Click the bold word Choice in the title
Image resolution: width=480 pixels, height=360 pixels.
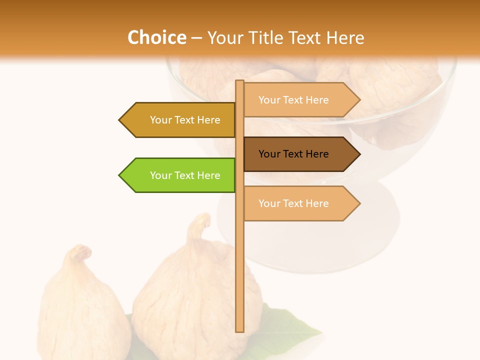coord(156,37)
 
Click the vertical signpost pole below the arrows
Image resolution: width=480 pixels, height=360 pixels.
coord(240,275)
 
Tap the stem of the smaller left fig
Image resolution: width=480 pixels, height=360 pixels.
coord(80,253)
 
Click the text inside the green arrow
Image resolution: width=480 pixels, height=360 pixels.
coord(185,175)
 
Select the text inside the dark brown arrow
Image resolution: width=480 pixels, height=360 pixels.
coord(293,154)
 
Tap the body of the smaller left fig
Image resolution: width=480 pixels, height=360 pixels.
coord(80,310)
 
